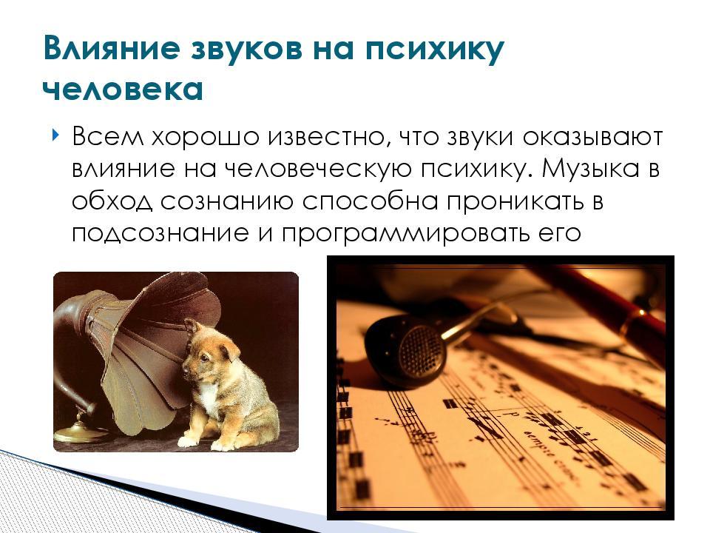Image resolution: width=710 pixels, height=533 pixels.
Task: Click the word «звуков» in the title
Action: click(x=246, y=49)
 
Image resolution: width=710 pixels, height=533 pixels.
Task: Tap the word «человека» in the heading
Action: click(x=123, y=90)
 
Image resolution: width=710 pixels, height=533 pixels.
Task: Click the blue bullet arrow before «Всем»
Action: click(x=55, y=135)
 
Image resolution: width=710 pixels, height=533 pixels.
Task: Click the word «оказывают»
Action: click(x=592, y=138)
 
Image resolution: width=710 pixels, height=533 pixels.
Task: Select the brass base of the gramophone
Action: click(x=78, y=432)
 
